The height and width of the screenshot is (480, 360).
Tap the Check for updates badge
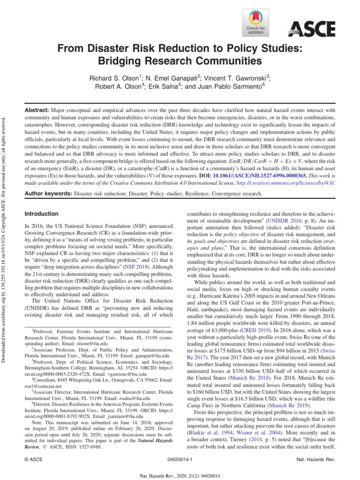point(255,23)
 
